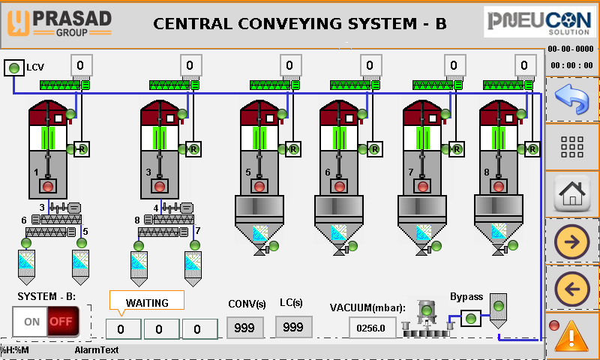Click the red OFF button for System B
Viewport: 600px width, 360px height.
[x=64, y=322]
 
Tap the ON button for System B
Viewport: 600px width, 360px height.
[x=31, y=322]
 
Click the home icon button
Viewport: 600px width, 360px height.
[x=571, y=193]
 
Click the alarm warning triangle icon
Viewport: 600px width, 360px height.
[x=571, y=334]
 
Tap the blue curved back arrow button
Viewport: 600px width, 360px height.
[x=571, y=99]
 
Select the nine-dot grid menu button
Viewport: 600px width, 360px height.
[x=571, y=147]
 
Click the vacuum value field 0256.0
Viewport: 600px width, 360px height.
[x=372, y=328]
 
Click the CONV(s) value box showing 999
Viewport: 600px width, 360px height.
[x=245, y=327]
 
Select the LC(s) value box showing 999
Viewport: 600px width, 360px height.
[x=293, y=327]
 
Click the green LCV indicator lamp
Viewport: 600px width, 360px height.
[x=13, y=68]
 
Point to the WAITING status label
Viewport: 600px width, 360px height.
[x=146, y=303]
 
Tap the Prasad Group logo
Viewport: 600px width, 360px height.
[x=58, y=22]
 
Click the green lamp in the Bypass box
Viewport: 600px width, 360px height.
[x=470, y=319]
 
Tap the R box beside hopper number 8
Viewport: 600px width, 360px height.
[x=533, y=149]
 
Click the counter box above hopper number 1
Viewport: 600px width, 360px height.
[x=82, y=64]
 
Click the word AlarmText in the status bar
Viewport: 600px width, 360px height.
[x=97, y=350]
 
